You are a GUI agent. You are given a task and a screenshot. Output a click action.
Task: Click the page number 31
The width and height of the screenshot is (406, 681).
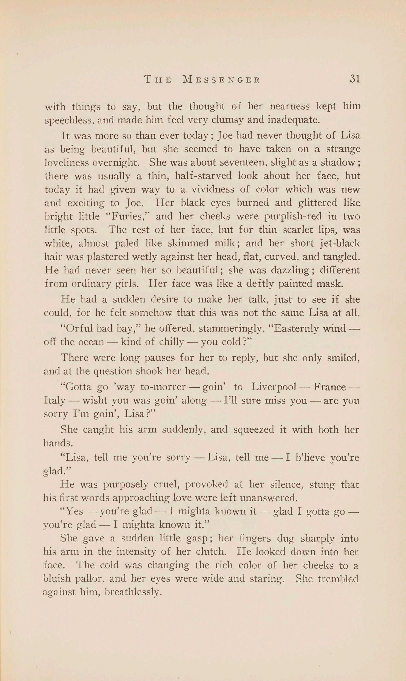354,79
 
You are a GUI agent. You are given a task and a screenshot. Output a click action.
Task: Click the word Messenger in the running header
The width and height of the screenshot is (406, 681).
221,80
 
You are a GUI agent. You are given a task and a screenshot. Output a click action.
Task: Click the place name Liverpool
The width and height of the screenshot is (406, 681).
274,387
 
